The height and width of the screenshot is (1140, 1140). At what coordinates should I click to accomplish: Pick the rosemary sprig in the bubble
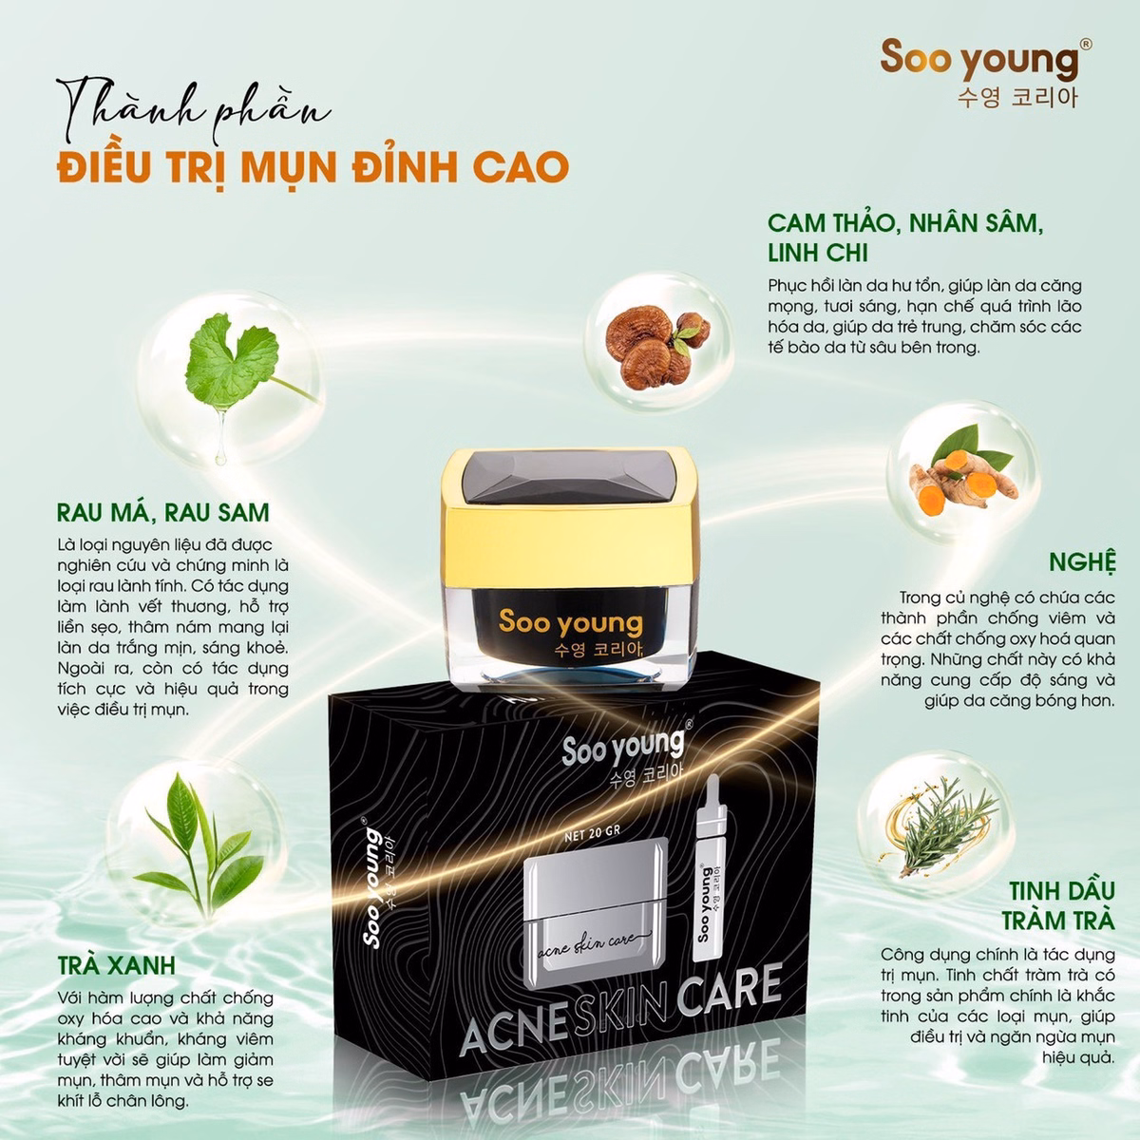(940, 823)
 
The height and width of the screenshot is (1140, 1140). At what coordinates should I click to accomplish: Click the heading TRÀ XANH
(116, 965)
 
